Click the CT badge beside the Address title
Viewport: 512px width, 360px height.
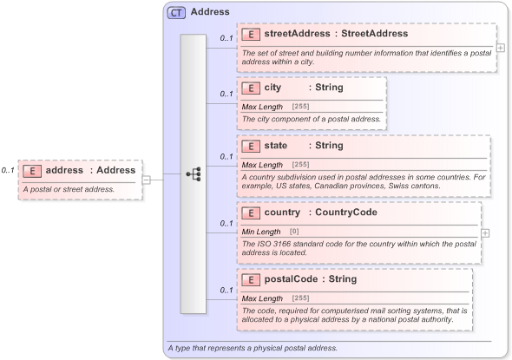point(177,12)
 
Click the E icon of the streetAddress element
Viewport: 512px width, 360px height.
point(251,35)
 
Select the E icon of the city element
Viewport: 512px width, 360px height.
point(251,88)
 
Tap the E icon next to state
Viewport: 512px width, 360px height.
point(251,146)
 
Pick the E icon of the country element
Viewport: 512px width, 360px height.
point(251,213)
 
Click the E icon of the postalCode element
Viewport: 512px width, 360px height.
point(251,279)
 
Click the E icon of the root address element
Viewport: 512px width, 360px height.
point(32,170)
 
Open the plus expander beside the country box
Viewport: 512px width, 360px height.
point(485,232)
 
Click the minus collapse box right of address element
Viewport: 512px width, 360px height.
point(147,180)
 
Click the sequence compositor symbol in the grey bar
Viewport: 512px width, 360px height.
point(194,174)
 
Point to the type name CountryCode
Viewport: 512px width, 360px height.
point(346,213)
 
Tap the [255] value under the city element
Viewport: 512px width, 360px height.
point(300,107)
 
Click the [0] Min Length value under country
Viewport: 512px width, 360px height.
point(293,232)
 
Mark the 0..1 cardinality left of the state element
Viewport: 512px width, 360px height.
point(226,156)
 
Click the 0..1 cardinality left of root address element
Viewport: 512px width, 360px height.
point(8,170)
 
